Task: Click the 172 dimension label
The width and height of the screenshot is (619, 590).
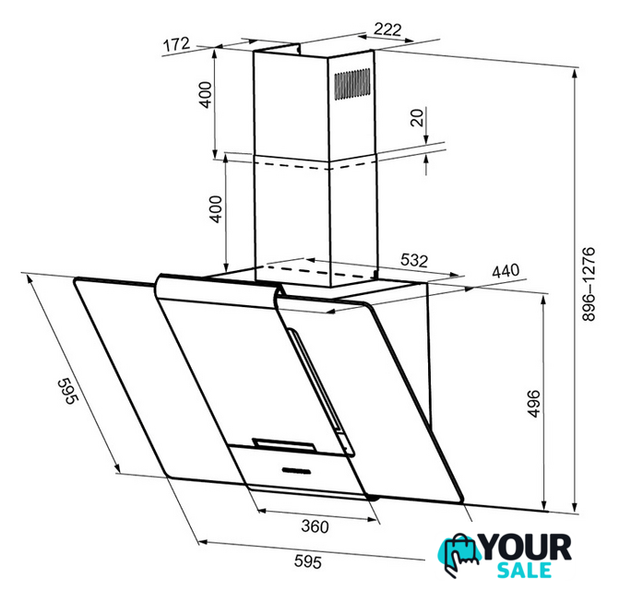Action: tap(176, 44)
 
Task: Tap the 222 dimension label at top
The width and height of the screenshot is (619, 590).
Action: tap(387, 29)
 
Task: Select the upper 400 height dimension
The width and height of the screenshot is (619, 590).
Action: tap(206, 95)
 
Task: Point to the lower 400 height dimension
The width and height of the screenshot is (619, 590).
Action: tap(217, 209)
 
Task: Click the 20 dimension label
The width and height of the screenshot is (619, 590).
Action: tap(417, 117)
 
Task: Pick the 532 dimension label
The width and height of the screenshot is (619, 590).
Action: tap(414, 260)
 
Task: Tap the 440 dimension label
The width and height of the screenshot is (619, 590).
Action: tap(506, 271)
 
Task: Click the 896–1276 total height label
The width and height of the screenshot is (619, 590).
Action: tap(588, 284)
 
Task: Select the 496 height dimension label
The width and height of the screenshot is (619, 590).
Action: tap(533, 404)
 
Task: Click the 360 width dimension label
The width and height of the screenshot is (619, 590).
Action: tap(315, 526)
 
